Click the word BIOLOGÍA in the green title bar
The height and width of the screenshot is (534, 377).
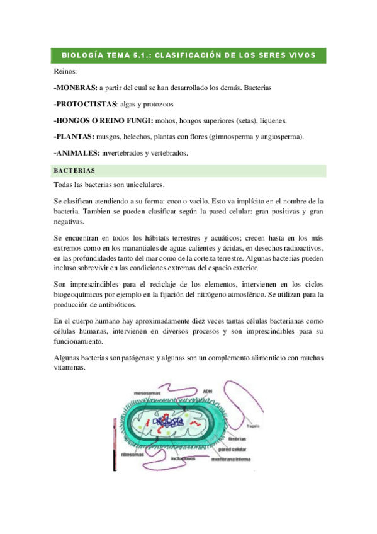(79, 55)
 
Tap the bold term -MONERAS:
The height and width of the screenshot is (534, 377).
(76, 88)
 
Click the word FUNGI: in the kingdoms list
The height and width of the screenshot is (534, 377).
(140, 120)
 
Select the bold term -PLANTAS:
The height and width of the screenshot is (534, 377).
(74, 137)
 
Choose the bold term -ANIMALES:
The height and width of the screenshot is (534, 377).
(78, 153)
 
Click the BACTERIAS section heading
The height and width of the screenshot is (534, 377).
(74, 170)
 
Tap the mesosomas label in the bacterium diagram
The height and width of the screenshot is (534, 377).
(147, 393)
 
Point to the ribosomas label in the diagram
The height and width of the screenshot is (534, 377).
(133, 453)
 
